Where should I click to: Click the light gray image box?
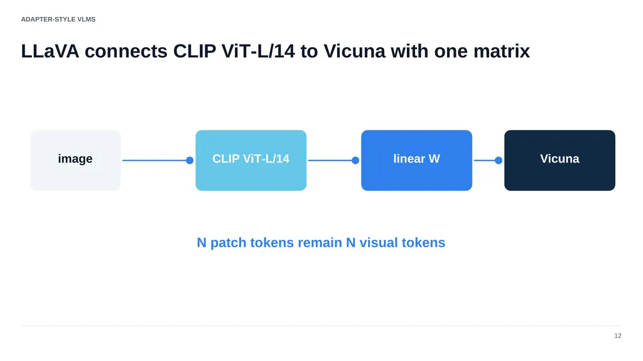(x=75, y=160)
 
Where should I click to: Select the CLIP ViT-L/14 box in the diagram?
(x=251, y=160)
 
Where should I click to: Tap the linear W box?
(x=417, y=160)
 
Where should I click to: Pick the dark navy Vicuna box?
(x=559, y=160)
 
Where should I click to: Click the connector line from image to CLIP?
(x=156, y=160)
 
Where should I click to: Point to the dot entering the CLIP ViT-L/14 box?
(x=190, y=160)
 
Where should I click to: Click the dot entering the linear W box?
(x=355, y=160)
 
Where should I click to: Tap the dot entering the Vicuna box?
(x=498, y=160)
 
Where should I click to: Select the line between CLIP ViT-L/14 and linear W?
(x=332, y=160)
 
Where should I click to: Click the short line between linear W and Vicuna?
(x=486, y=160)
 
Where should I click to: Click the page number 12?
(x=618, y=335)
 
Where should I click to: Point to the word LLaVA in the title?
(x=50, y=51)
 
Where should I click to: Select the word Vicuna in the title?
(x=354, y=51)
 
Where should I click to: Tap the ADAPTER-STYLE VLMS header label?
(x=58, y=19)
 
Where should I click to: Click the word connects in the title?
(x=126, y=51)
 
